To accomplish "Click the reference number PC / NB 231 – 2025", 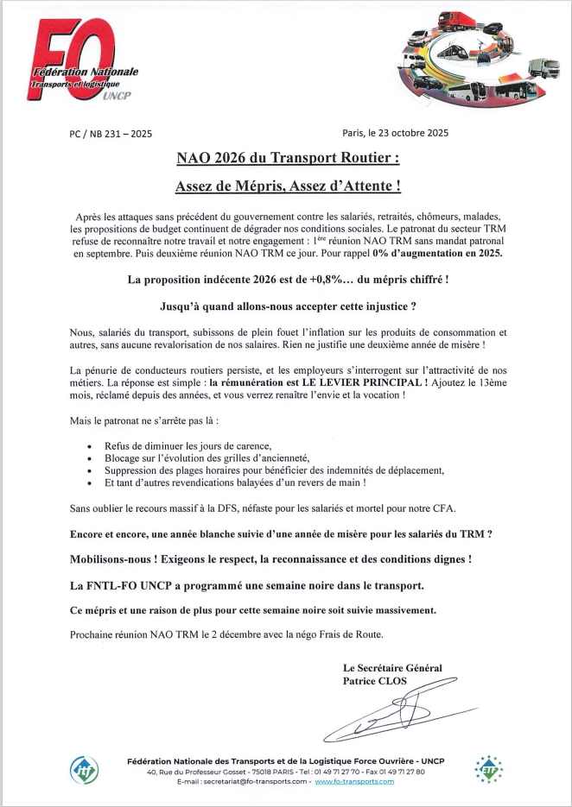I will [x=110, y=134].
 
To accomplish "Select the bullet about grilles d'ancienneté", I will [x=207, y=457].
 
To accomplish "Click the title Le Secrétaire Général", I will [x=391, y=668].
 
